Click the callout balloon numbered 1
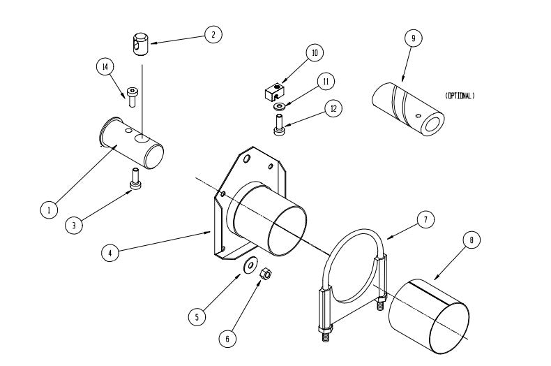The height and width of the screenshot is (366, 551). click(x=48, y=209)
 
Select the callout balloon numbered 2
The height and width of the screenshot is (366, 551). click(x=213, y=34)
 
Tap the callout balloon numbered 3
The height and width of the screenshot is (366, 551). click(x=75, y=225)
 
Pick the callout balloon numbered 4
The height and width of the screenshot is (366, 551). click(x=109, y=252)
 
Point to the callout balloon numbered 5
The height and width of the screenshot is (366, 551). click(x=197, y=316)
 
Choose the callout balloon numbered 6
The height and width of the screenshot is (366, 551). click(x=226, y=338)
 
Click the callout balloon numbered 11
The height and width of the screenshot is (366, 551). click(x=325, y=81)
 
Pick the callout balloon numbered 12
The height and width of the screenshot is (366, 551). click(x=333, y=109)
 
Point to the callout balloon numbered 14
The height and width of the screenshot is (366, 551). click(x=105, y=66)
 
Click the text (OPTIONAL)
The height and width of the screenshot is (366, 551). click(x=459, y=96)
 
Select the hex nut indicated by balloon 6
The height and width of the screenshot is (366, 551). click(x=265, y=274)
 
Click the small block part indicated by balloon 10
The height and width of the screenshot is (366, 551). click(x=273, y=91)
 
